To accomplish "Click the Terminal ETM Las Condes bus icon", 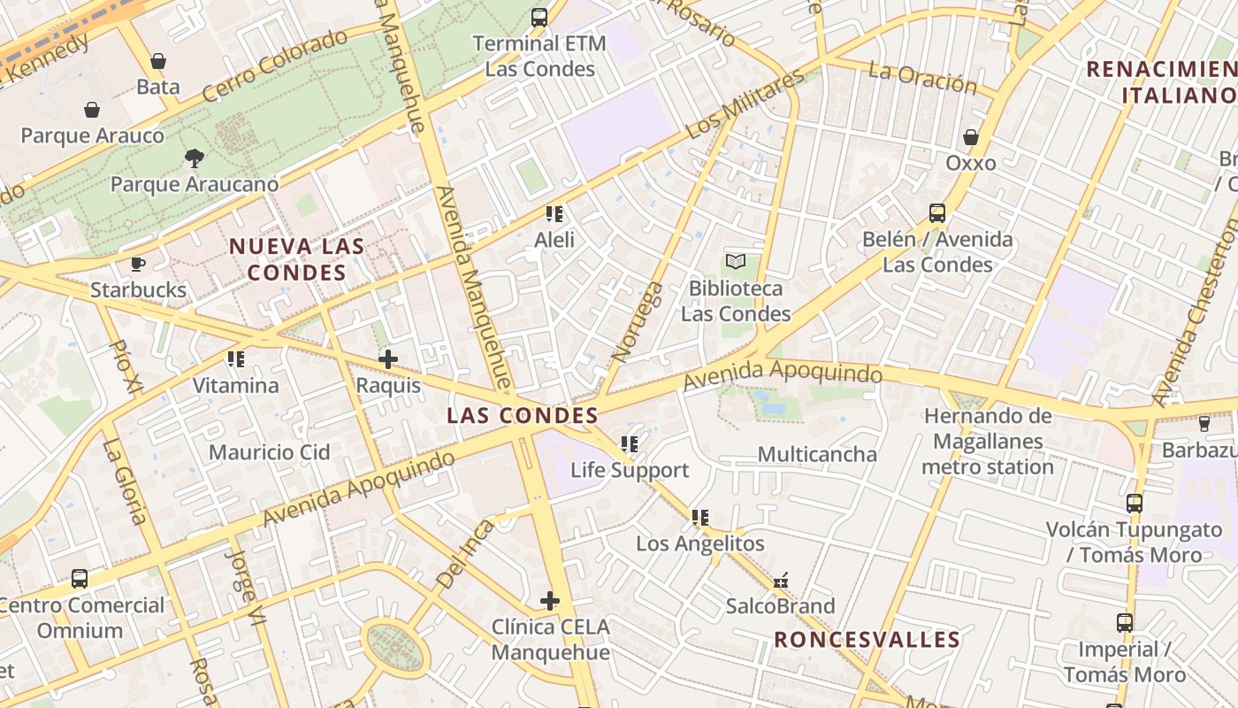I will tap(539, 17).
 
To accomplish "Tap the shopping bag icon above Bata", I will tap(158, 60).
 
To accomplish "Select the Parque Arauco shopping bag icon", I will tap(92, 110).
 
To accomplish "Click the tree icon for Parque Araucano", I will tap(194, 158).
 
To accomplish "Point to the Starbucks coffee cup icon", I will tap(138, 264).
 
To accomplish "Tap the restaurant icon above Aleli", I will tap(554, 213).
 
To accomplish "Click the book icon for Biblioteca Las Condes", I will tap(736, 261).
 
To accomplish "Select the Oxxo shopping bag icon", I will tap(971, 137).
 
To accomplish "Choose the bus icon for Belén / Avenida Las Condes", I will tap(937, 213).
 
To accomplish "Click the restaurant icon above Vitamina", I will tap(235, 359).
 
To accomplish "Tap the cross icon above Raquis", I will tap(387, 359).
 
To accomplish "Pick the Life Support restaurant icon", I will tap(629, 444).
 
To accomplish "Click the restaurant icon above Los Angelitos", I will tap(700, 517).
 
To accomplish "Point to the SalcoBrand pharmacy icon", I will tap(780, 581).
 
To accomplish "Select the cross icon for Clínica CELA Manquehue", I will tap(550, 601).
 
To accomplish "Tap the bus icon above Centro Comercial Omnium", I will tap(80, 579).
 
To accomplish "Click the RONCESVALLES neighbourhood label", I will tap(867, 639).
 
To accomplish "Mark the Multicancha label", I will tap(817, 454).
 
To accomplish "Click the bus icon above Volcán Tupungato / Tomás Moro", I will tap(1135, 504).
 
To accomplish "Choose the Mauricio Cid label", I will tap(269, 452).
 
